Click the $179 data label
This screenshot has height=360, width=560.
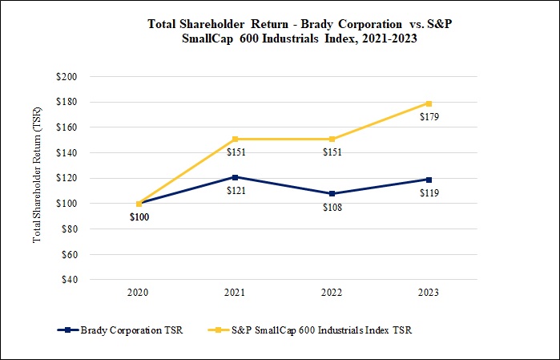pyautogui.click(x=429, y=117)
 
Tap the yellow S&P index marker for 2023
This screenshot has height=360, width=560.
pyautogui.click(x=429, y=103)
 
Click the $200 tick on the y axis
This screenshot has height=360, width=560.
pyautogui.click(x=66, y=76)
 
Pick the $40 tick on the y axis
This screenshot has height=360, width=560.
pyautogui.click(x=69, y=280)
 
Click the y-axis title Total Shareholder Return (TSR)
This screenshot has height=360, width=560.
pyautogui.click(x=36, y=178)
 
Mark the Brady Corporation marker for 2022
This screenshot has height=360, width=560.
pyautogui.click(x=332, y=193)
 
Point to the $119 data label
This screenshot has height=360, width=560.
pyautogui.click(x=429, y=193)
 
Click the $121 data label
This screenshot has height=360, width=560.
pyautogui.click(x=236, y=191)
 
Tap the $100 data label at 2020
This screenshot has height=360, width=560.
pyautogui.click(x=139, y=217)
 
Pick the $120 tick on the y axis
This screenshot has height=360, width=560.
pyautogui.click(x=66, y=178)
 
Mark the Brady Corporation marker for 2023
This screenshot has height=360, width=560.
pyautogui.click(x=429, y=180)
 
